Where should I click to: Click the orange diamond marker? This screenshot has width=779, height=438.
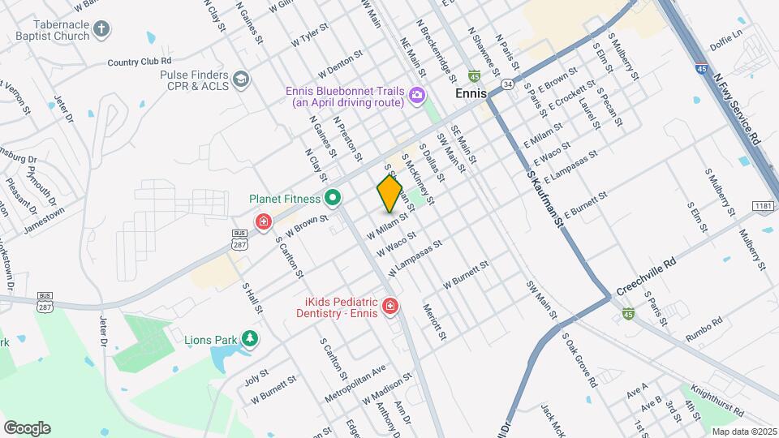point(389,193)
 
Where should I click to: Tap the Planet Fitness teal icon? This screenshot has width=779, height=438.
point(332,198)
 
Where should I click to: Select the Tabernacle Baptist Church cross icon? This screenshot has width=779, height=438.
point(101,30)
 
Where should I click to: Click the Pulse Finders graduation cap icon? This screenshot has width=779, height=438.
point(240,79)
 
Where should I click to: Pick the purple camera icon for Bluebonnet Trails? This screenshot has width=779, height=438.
point(416,96)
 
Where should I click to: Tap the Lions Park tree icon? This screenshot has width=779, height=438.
point(251,338)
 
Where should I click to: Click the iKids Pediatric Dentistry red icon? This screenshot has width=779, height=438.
point(390,306)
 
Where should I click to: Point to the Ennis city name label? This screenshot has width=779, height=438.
point(471,93)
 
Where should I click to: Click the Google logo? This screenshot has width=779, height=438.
point(27,427)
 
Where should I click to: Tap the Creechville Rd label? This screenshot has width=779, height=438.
point(646,277)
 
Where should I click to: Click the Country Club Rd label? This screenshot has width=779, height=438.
point(139,61)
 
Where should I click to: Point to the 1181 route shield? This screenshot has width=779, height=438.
point(762,207)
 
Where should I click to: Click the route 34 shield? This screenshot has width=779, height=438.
point(507,84)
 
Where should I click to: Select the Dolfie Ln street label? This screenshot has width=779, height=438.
point(725,34)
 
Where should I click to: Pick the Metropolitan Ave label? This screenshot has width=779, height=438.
point(355,381)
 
